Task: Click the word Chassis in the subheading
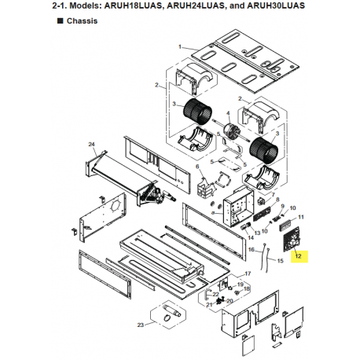tap(82, 21)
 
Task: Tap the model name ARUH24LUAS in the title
tap(196, 6)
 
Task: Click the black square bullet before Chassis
tap(60, 20)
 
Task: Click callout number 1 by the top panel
tap(180, 47)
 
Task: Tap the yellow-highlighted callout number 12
tap(299, 256)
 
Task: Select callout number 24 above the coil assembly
tap(91, 145)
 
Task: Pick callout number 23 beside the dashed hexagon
tap(141, 325)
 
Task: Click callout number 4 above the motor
tap(228, 113)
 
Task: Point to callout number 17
tap(248, 274)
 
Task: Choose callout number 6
tap(197, 167)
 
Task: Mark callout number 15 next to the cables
tap(280, 261)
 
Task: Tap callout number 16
tap(252, 249)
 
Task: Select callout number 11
tap(301, 217)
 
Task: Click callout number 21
tap(209, 305)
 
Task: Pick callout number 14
tap(251, 237)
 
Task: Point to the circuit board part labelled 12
tap(292, 239)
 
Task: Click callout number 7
tap(273, 195)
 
